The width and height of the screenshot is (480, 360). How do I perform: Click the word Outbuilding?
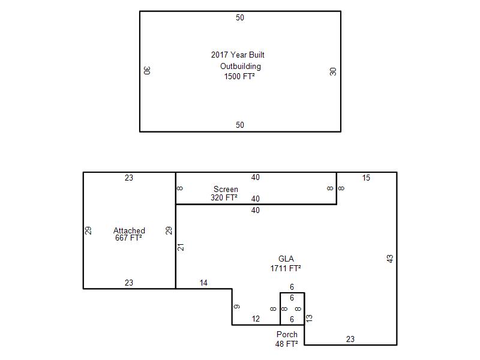click(241, 67)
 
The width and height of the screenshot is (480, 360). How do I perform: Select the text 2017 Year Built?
click(238, 55)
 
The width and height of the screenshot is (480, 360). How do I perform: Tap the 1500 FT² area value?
click(239, 76)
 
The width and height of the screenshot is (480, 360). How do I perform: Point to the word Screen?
click(226, 189)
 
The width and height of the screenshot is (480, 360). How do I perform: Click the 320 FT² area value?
click(224, 197)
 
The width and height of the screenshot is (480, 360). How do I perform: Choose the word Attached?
click(129, 230)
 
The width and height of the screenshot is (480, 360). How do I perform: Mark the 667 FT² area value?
click(128, 238)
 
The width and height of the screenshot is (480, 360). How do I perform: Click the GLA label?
click(286, 259)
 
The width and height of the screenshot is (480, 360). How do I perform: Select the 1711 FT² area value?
click(286, 268)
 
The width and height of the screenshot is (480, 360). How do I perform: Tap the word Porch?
click(287, 334)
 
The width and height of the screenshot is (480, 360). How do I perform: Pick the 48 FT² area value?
click(286, 344)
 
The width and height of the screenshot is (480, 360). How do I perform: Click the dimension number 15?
click(366, 178)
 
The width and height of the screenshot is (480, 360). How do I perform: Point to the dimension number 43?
click(389, 259)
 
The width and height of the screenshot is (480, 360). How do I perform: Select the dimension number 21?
click(181, 247)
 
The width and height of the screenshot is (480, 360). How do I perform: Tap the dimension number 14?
click(203, 283)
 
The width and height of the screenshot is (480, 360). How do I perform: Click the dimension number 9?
click(237, 307)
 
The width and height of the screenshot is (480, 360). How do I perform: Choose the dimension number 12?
click(256, 319)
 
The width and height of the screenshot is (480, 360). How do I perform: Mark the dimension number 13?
click(309, 318)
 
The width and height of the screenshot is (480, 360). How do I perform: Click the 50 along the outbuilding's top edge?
click(239, 18)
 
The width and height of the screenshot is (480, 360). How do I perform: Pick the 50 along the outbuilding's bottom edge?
click(239, 125)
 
